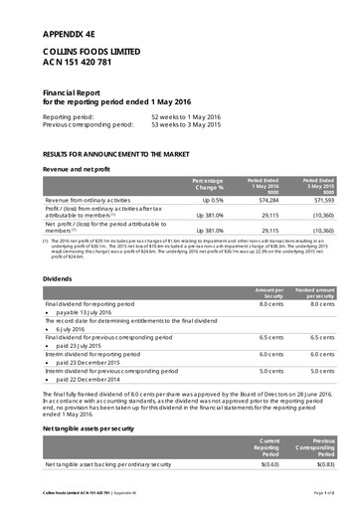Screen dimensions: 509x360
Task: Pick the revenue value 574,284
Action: tap(260, 200)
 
